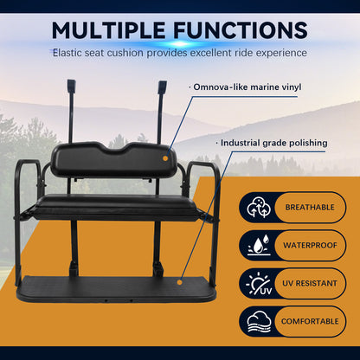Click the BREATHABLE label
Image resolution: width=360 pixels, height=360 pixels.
[309, 208]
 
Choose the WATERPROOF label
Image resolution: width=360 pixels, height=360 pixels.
[309, 245]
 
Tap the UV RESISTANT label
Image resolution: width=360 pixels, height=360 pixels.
[309, 282]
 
